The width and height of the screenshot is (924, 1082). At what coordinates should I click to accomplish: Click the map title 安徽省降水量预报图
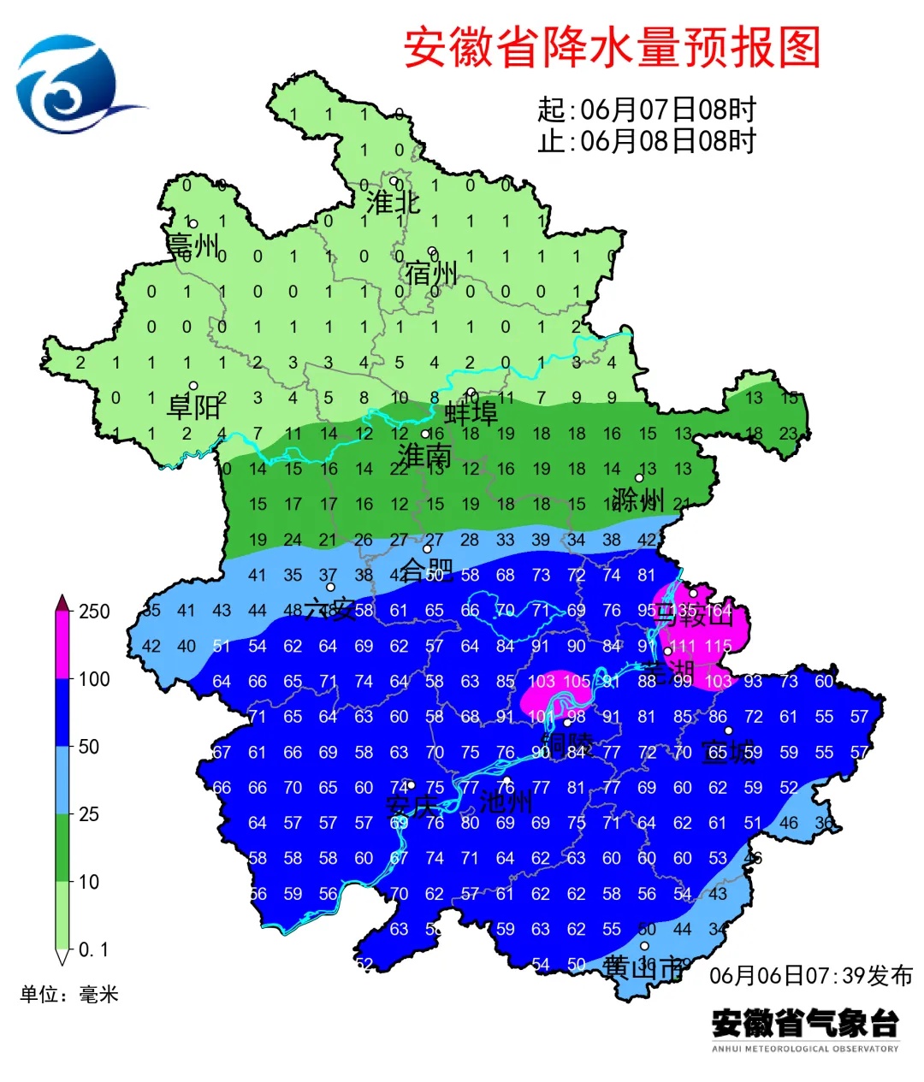coord(612,47)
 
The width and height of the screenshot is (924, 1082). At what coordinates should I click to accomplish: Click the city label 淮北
coord(393,203)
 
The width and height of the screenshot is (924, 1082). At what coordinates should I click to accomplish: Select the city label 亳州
coord(192,245)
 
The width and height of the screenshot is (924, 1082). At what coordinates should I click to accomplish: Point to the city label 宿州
coord(431,274)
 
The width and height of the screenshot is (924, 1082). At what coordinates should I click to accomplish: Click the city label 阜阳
coord(193,406)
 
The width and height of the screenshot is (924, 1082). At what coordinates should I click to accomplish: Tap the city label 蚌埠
coord(471,414)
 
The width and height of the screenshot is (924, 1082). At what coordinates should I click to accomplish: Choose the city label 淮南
coord(424,455)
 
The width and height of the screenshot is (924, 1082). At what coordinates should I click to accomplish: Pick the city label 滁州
coord(638,499)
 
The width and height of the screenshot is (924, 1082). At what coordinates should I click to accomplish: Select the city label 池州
coord(506,802)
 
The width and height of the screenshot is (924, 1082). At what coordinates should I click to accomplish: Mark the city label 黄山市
coord(643,967)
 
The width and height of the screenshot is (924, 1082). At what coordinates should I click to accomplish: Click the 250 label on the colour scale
coord(94,612)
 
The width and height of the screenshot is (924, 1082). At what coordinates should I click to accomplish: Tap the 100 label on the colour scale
coord(94,679)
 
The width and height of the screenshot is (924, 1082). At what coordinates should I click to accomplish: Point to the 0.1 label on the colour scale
coord(93,949)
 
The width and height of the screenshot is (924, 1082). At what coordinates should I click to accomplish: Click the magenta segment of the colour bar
coord(62,645)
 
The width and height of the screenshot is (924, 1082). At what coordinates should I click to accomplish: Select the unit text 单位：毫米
coord(69,994)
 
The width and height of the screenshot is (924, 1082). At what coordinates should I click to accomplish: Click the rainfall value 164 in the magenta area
coord(719,611)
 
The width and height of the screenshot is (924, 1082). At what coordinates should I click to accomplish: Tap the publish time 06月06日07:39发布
coord(810,975)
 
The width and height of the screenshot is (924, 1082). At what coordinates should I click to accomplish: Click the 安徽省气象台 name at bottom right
coord(805,1022)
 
